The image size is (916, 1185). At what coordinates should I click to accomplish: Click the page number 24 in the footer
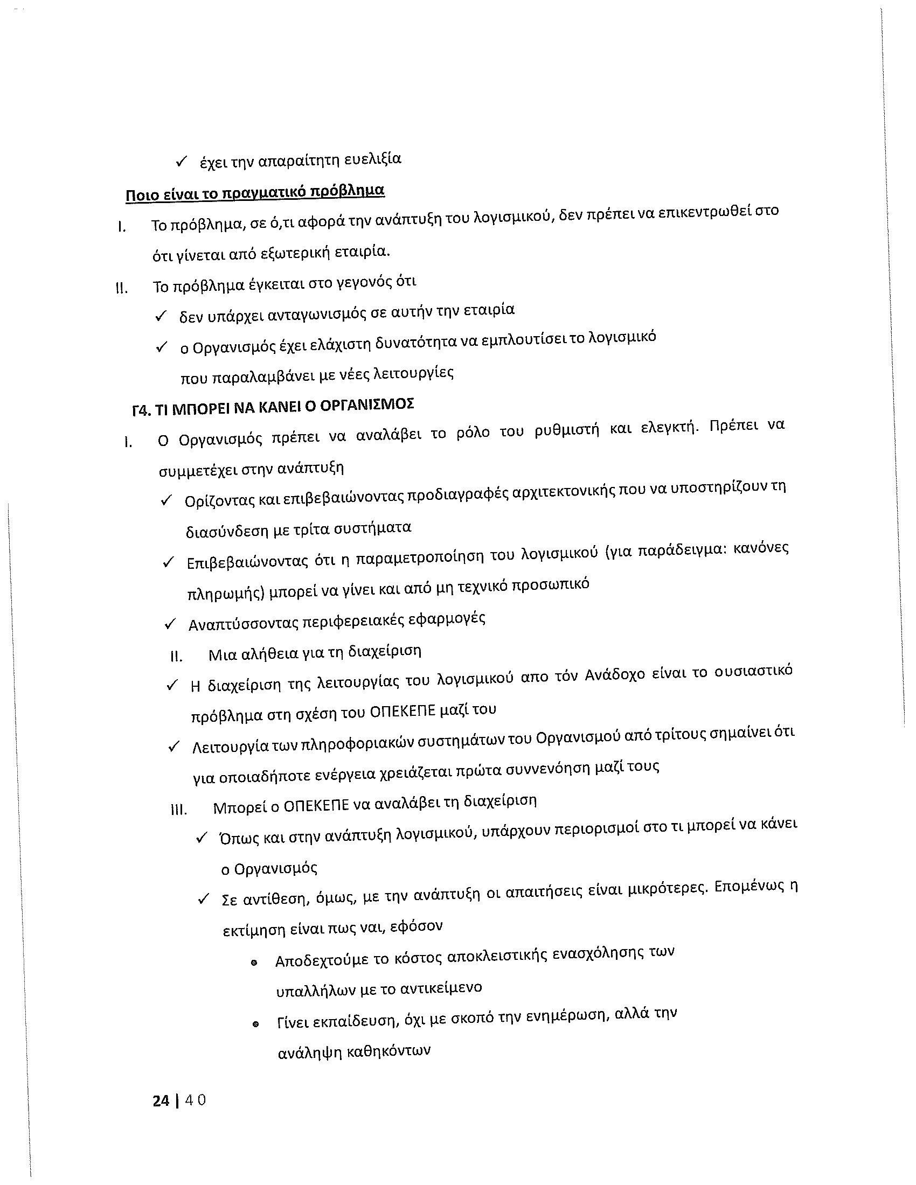(x=161, y=1100)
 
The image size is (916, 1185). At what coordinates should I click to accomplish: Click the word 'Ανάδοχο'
(x=615, y=675)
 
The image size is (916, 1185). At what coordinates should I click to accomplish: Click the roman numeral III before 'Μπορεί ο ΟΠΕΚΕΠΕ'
(x=178, y=810)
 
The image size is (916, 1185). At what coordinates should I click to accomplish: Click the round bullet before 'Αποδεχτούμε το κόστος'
(x=254, y=963)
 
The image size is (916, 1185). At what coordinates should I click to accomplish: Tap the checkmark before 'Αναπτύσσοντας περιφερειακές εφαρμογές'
(x=170, y=625)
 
